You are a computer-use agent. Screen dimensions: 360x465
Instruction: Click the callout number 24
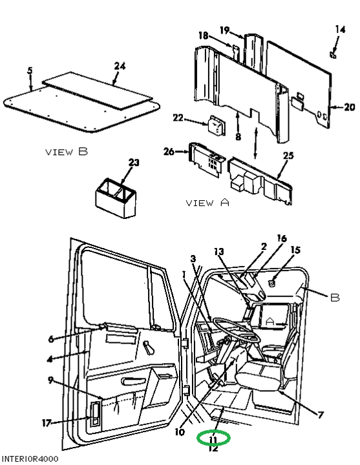pos(120,66)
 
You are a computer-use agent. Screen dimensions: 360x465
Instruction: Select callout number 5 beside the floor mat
pos(30,70)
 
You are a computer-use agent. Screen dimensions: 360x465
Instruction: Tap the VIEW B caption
pos(67,152)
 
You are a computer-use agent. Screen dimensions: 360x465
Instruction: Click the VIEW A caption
pos(207,203)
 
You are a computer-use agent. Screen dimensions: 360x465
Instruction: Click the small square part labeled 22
pos(217,125)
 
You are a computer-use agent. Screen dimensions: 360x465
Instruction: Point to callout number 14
pos(340,29)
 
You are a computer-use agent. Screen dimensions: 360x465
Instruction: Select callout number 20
pos(350,107)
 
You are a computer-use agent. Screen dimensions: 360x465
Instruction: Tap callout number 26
pos(169,152)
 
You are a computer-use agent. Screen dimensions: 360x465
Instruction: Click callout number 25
pos(288,156)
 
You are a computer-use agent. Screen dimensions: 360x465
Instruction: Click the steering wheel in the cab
pos(237,329)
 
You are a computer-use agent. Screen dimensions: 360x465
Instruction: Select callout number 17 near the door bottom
pos(47,422)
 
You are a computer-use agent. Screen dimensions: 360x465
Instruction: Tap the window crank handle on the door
pos(149,347)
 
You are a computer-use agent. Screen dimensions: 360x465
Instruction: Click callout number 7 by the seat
pos(321,415)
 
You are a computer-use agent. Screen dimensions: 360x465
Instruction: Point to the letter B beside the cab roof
pos(335,298)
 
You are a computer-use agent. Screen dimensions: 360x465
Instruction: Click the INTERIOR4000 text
pos(30,459)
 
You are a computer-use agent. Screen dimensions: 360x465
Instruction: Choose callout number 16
pos(282,238)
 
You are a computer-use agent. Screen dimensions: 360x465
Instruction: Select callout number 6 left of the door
pos(51,339)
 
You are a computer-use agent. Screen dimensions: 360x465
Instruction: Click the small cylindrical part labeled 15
pos(271,283)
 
